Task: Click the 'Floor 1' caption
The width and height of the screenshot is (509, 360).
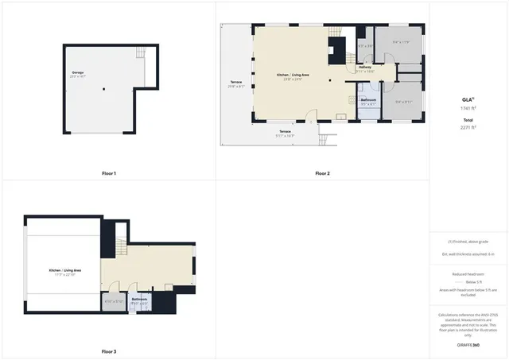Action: (109, 173)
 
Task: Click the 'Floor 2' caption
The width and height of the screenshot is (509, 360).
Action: (322, 173)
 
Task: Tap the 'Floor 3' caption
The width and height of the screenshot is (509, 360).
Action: (109, 351)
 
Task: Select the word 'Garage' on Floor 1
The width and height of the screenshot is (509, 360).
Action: (78, 73)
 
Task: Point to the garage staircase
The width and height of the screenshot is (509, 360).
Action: (141, 53)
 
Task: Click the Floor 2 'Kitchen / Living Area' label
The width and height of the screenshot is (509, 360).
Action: (293, 75)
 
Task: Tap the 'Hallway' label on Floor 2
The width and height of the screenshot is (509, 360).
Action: (365, 68)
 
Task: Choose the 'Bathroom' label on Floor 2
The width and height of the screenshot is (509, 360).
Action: (368, 99)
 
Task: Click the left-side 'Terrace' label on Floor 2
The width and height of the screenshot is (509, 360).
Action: (236, 82)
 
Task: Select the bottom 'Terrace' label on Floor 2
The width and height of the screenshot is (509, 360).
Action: (285, 131)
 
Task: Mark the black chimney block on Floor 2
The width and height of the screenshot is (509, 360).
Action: (337, 52)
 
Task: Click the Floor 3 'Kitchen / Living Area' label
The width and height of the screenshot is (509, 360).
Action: (66, 270)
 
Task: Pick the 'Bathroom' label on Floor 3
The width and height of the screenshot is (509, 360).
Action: (139, 299)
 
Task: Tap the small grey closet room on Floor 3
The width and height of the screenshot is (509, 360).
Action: (113, 302)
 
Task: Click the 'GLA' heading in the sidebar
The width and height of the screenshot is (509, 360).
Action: (468, 100)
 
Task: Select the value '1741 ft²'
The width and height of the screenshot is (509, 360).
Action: (468, 107)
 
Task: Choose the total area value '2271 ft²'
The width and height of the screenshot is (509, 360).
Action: (468, 127)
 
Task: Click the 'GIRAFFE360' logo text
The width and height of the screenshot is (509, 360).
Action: (468, 346)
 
